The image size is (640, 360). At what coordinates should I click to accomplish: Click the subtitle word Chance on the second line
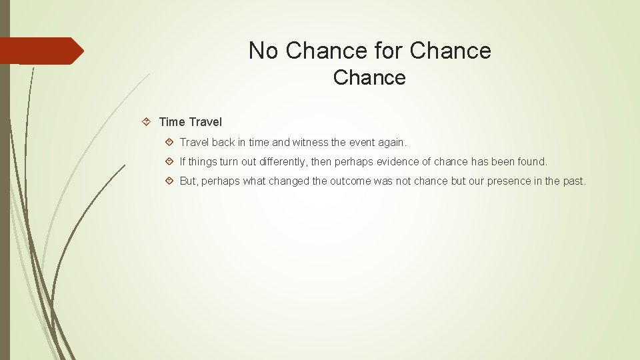pos(369,78)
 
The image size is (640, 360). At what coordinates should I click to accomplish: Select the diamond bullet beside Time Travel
pos(147,122)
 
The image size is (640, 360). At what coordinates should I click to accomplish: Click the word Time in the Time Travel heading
pos(172,122)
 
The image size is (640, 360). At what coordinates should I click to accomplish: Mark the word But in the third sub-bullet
pos(189,181)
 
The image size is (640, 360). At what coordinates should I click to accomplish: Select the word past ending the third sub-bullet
pos(573,181)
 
